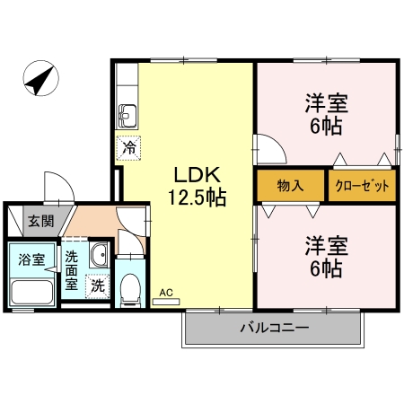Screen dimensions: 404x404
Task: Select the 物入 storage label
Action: (x=289, y=187)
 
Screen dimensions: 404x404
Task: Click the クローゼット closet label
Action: (x=362, y=187)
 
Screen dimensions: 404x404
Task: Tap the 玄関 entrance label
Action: (x=39, y=221)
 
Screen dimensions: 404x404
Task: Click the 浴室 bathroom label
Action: (x=31, y=259)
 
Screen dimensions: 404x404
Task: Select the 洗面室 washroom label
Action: (x=72, y=270)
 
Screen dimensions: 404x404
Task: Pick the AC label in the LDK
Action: (x=165, y=292)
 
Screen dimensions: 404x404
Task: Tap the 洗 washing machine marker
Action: (x=96, y=286)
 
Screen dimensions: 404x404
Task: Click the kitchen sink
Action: (x=127, y=116)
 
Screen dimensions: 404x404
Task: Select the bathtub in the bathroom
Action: (x=32, y=292)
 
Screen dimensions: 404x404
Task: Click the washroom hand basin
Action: (x=99, y=255)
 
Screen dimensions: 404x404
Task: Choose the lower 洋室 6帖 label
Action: (x=325, y=256)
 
